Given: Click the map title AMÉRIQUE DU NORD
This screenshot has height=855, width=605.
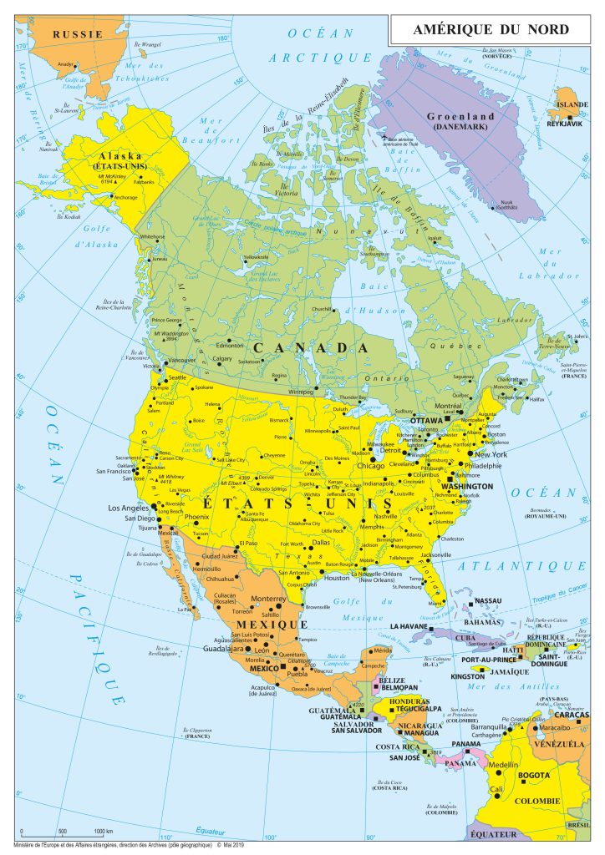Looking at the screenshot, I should coord(491,30).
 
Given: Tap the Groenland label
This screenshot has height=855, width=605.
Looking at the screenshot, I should coord(460,116).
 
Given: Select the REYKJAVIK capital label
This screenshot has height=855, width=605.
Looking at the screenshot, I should coord(564,124).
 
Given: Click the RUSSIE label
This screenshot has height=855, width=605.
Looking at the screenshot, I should coord(77,33).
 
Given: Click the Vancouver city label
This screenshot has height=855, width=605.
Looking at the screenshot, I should coord(181,361).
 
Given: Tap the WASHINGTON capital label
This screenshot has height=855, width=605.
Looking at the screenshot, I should coord(467,485).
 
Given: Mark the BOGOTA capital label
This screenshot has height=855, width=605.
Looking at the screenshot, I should coord(534,776).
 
